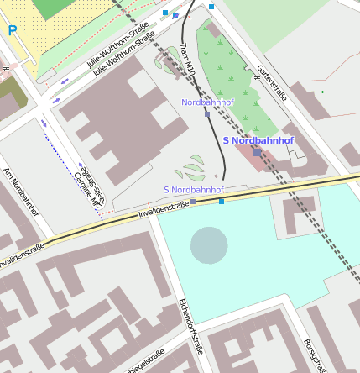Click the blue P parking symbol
[x=13, y=30]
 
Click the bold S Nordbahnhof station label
[x=258, y=140]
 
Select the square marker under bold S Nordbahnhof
[x=257, y=153]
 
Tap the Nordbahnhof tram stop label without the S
[x=207, y=102]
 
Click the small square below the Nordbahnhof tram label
[x=206, y=114]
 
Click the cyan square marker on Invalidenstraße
[x=222, y=201]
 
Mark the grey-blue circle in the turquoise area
[x=209, y=244]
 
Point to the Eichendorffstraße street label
[x=191, y=327]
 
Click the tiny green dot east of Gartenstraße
[x=322, y=92]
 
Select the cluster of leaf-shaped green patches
[x=195, y=168]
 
